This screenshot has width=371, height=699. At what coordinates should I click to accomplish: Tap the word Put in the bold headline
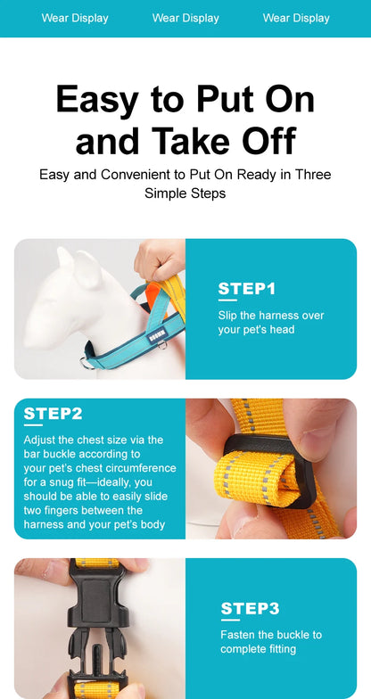point(227,99)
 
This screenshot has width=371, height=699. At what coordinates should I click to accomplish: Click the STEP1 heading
point(246,289)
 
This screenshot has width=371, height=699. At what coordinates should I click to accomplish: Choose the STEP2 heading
point(53,414)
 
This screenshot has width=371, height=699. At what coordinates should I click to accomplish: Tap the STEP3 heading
point(250,608)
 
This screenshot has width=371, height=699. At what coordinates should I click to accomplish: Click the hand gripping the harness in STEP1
point(161,260)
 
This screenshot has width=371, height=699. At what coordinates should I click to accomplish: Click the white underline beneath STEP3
point(230,620)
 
